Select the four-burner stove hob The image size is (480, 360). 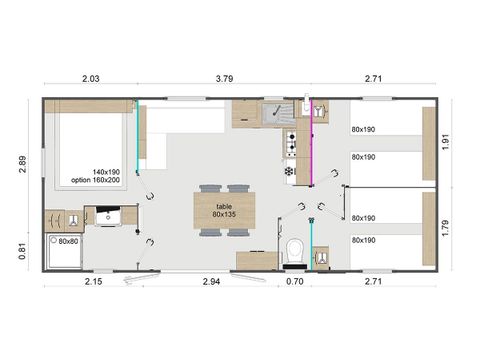pos(291,144)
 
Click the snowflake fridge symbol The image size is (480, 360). pos(290,170)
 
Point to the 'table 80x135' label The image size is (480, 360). pos(224,209)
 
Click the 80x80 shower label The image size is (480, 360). pos(68,241)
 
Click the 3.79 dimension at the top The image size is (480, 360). pos(225,77)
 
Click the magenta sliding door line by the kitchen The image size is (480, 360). pos(310,150)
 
